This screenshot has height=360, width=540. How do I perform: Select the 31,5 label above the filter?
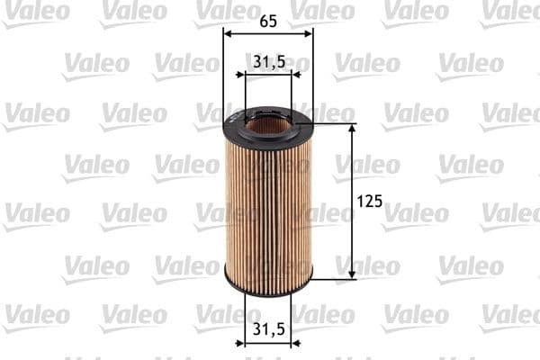[x=268, y=61]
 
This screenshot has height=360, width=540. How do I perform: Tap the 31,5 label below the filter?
[x=268, y=330]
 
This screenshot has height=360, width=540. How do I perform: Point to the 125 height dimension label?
[x=370, y=202]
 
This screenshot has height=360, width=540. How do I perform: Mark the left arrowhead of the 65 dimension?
[x=228, y=33]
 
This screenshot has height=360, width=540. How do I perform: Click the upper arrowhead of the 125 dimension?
[x=351, y=130]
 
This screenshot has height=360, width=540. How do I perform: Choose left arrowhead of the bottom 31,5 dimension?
[x=249, y=343]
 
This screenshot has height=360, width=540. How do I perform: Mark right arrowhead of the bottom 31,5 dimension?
[x=287, y=343]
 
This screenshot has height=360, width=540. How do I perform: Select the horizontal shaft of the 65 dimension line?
[x=268, y=33]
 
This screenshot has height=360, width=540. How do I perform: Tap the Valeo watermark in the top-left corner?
[x=36, y=11]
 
